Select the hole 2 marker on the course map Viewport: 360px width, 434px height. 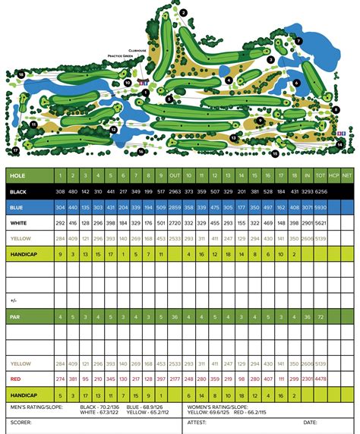pyautogui.click(x=184, y=13)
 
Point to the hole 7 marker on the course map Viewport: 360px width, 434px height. pyautogui.click(x=299, y=40)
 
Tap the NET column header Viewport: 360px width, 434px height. pyautogui.click(x=347, y=175)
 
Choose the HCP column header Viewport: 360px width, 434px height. pyautogui.click(x=334, y=175)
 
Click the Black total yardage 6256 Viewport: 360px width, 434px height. pyautogui.click(x=322, y=191)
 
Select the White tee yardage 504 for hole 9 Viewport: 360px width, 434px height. pyautogui.click(x=162, y=223)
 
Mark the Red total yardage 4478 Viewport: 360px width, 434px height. pyautogui.click(x=322, y=379)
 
